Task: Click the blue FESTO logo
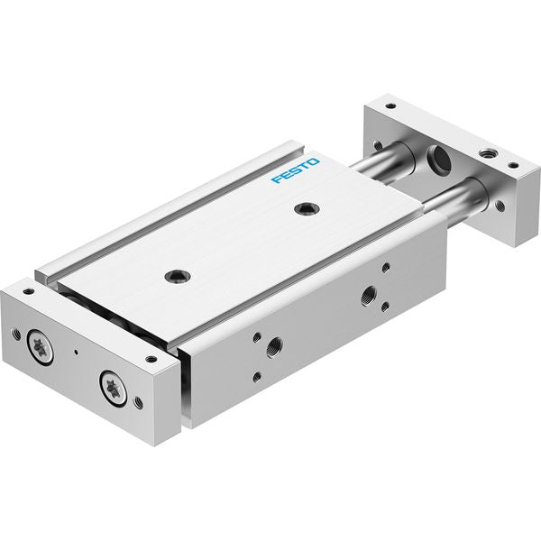[296, 170]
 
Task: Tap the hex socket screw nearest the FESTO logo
[307, 208]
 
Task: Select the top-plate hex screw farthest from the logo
[178, 276]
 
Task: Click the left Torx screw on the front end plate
[41, 347]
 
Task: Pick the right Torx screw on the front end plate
[113, 387]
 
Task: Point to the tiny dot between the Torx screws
[76, 353]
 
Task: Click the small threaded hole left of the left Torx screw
[16, 334]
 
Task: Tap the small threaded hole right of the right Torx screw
[138, 401]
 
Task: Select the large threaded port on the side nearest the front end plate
[274, 347]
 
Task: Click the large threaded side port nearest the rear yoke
[369, 296]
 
